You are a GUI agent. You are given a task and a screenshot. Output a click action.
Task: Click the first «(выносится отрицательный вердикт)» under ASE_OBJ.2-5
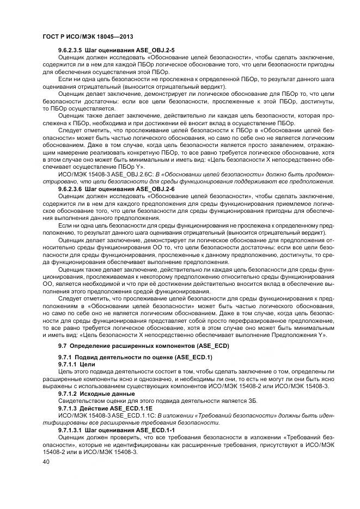pos(173,86)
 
